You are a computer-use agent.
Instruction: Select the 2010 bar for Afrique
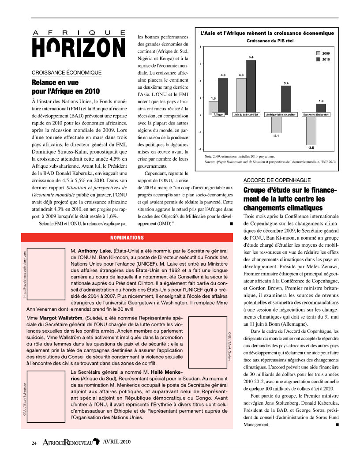(223, 96)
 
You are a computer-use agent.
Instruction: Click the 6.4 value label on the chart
(251, 57)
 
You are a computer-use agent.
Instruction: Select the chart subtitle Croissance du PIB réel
(267, 41)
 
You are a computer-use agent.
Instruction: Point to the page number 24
(34, 443)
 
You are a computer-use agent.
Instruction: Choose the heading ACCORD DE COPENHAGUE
(277, 180)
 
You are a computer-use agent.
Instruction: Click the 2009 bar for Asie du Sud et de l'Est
(241, 96)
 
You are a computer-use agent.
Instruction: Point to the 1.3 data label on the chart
(321, 101)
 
